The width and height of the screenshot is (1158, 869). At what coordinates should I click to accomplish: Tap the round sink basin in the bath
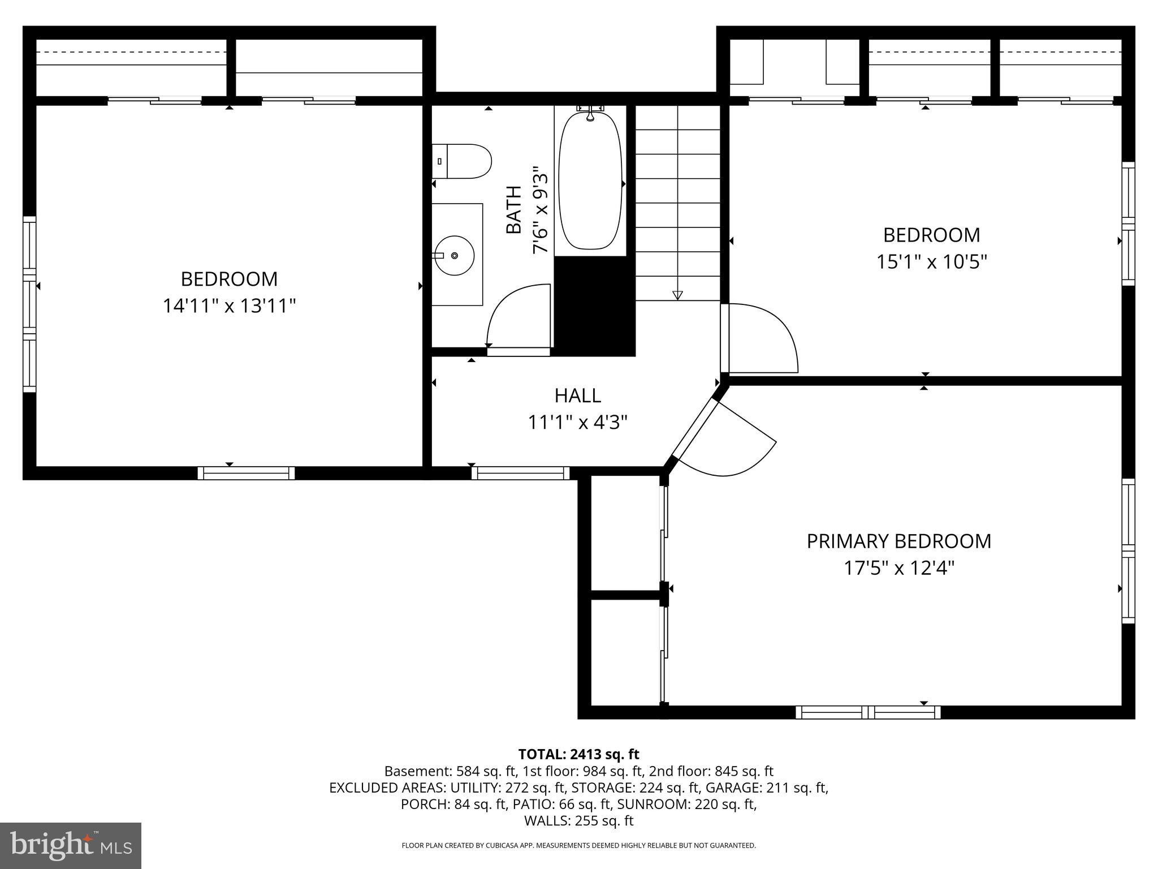[x=454, y=256]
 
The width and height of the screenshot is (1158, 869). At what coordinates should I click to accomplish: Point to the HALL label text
[x=577, y=395]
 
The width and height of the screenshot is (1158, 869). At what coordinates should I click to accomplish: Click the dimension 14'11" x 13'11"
[x=229, y=306]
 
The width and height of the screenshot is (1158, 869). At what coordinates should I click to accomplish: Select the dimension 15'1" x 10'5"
[x=931, y=262]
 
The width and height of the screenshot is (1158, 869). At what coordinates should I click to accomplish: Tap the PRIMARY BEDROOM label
[x=898, y=541]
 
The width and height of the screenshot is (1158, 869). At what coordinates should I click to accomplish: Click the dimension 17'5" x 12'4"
[x=898, y=568]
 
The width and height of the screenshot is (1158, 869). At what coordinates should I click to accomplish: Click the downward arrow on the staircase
[x=677, y=295]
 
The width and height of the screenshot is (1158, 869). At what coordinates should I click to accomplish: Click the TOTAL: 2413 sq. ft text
[x=578, y=754]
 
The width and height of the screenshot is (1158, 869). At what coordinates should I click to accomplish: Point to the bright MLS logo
[x=71, y=845]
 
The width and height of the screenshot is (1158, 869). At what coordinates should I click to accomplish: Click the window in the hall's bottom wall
[x=520, y=473]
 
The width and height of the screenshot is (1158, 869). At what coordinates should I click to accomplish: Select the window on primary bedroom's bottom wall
[x=868, y=712]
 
